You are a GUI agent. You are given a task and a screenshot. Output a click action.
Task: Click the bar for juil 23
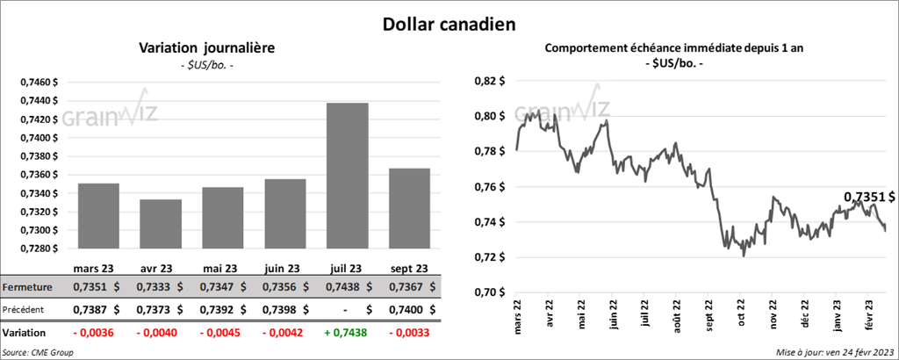[347, 176]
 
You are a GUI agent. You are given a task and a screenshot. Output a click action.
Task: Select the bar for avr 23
[161, 224]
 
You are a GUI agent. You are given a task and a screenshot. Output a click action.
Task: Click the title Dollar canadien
[449, 24]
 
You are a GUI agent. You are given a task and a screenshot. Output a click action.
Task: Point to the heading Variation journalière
[201, 49]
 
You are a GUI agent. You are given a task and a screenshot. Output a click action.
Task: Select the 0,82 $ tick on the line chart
[487, 81]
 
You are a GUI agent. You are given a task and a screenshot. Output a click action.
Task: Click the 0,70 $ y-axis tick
[487, 292]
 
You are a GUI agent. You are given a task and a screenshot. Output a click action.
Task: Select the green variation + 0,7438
[348, 334]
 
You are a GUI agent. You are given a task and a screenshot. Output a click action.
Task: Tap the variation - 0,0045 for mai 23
[220, 334]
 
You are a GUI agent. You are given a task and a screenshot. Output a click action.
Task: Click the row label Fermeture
[28, 286]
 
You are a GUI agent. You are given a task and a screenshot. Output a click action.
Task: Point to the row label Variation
[26, 334]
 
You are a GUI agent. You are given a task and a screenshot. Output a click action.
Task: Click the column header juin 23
[284, 268]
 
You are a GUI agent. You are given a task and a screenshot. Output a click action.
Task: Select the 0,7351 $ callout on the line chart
[869, 197]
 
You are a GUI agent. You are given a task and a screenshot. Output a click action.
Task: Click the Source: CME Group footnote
[38, 352]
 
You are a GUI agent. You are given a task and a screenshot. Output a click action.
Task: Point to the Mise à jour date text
[833, 352]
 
